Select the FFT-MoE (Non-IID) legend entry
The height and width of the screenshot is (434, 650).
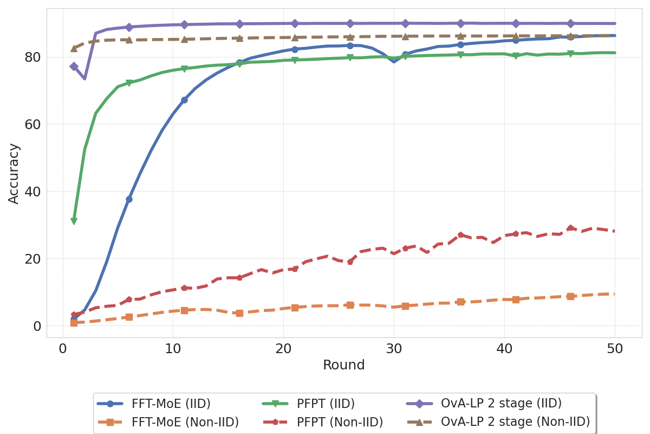185,422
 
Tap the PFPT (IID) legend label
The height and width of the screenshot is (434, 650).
326,404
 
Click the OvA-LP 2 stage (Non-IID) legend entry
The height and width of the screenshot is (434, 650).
515,422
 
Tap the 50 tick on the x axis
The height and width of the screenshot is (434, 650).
615,349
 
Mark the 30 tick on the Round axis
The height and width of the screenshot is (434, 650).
394,349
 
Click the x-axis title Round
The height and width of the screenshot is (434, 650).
344,366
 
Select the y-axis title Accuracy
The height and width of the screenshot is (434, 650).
14,173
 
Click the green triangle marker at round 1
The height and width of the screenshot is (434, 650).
74,221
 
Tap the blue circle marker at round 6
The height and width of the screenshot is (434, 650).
129,199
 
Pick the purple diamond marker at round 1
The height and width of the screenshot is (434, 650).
74,66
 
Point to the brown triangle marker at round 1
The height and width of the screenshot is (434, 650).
74,48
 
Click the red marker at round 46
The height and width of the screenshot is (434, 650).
570,228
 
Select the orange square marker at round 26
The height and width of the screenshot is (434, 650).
350,305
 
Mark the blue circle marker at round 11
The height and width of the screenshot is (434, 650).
184,100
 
